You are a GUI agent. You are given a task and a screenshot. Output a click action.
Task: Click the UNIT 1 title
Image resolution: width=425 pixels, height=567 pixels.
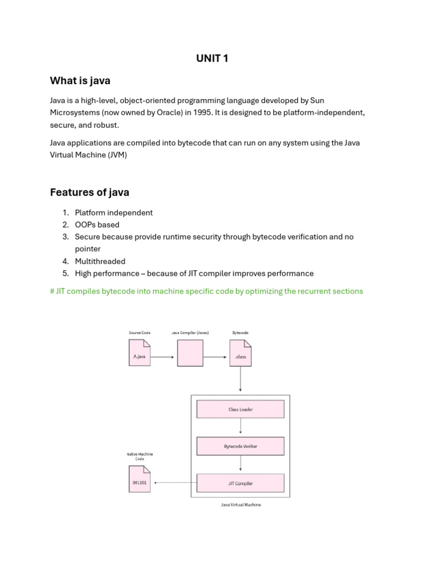[x=212, y=59]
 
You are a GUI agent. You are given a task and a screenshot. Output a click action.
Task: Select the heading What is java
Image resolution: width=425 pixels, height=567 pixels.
[x=80, y=81]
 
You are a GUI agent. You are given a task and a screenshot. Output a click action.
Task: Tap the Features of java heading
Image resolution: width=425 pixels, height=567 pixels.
[x=90, y=192]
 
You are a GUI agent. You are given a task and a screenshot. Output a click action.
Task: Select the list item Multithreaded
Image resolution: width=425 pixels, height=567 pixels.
[x=100, y=261]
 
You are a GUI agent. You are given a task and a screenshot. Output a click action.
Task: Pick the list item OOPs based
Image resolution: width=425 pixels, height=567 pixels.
[x=97, y=225]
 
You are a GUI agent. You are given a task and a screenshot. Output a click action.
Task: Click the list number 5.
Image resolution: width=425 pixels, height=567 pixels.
[x=65, y=274]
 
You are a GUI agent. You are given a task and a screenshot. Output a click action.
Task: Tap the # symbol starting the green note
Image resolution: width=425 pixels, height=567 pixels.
[x=52, y=291]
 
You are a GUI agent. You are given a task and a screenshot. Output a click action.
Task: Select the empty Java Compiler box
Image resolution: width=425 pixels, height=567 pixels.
[x=190, y=353]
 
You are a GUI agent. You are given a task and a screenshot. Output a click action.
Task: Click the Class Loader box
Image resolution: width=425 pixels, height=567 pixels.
[x=240, y=410]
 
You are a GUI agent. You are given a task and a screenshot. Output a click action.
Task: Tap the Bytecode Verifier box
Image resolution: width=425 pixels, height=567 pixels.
[x=240, y=446]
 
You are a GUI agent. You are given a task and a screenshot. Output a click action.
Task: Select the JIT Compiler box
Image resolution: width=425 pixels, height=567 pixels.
[x=240, y=483]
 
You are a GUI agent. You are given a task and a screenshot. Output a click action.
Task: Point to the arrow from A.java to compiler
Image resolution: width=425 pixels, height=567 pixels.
[x=163, y=357]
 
